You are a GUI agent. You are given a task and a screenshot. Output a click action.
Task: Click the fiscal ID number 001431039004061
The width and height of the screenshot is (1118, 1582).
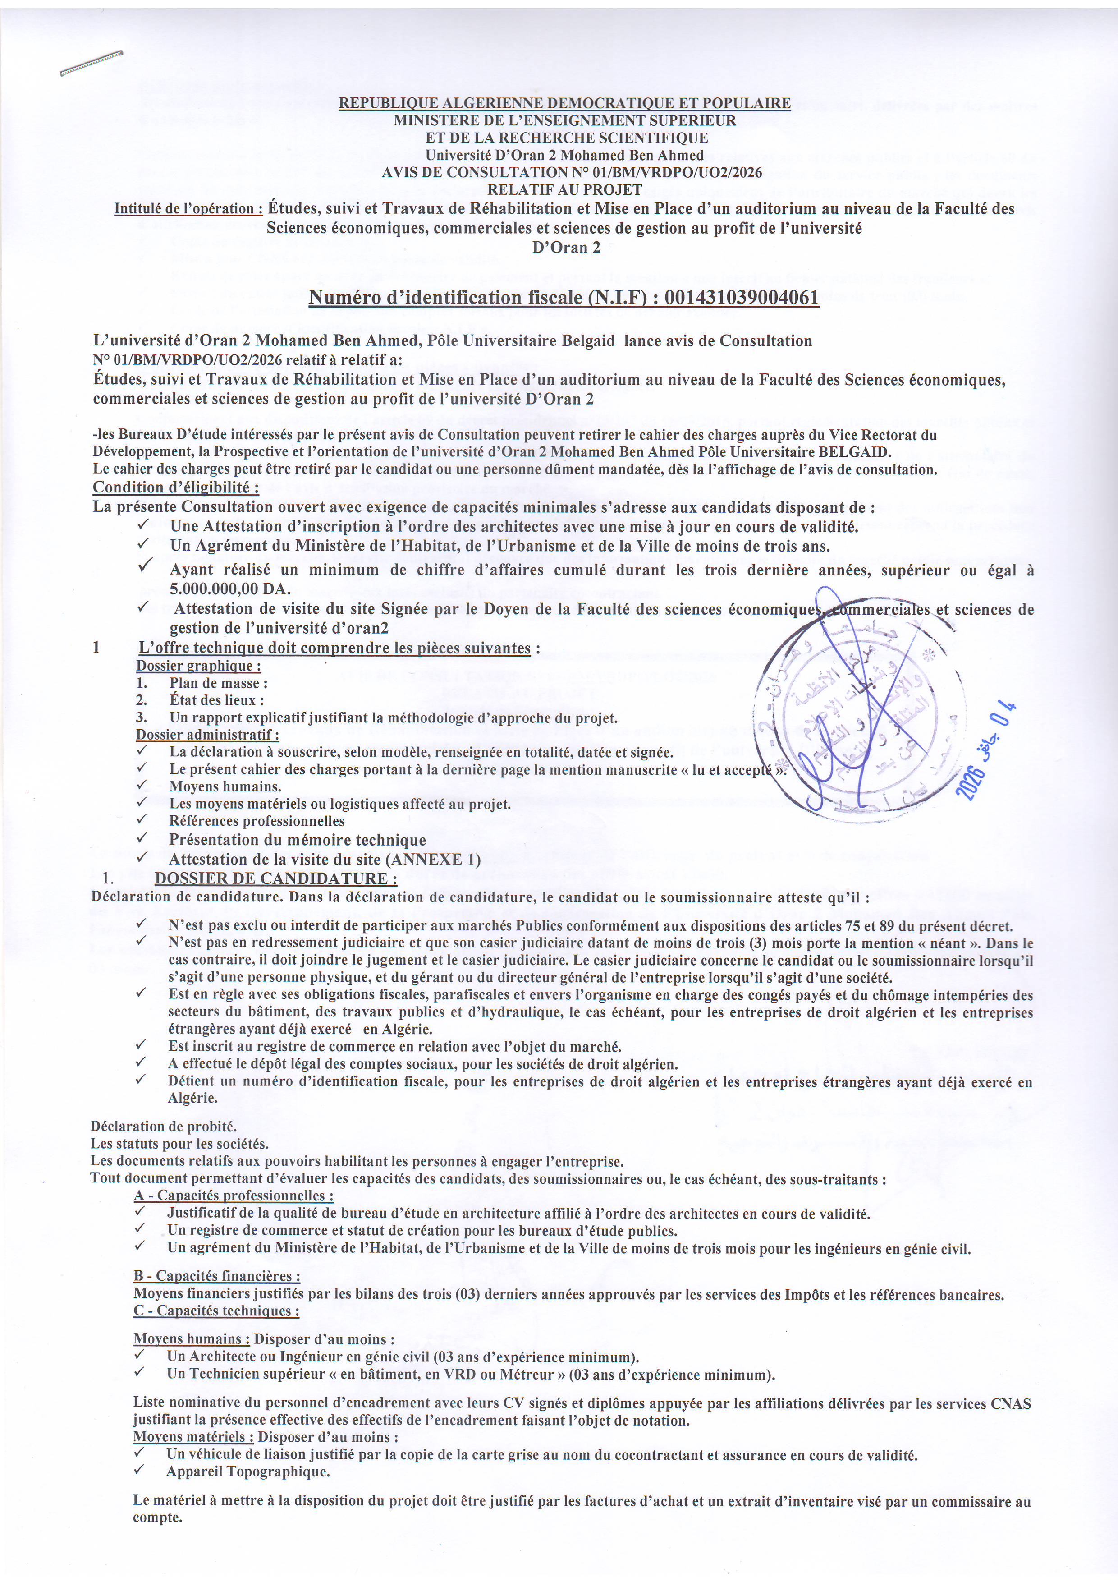click(741, 298)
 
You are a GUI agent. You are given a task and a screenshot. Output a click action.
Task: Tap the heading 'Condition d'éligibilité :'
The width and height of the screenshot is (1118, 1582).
click(176, 487)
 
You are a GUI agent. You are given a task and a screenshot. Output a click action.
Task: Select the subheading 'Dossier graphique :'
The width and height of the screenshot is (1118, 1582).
click(198, 666)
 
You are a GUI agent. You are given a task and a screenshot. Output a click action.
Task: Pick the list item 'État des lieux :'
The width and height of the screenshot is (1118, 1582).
click(216, 700)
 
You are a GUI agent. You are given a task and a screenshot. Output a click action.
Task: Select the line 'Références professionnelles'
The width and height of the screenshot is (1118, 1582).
click(256, 821)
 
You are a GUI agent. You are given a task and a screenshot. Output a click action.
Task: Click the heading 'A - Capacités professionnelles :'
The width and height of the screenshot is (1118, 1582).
click(234, 1196)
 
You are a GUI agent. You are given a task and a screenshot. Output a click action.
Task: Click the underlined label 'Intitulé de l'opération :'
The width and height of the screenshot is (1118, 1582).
click(188, 209)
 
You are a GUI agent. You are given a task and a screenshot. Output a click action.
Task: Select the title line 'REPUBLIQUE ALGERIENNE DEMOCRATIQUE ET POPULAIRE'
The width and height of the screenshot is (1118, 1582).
click(564, 103)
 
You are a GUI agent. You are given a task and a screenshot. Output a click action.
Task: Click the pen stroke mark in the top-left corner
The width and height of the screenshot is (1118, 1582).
click(91, 63)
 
